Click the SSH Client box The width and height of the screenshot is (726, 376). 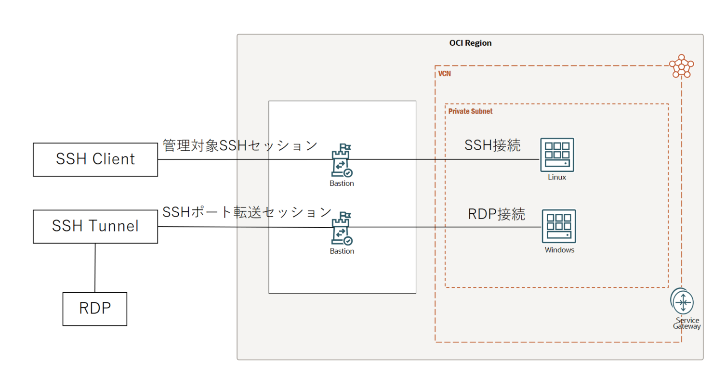tap(95, 159)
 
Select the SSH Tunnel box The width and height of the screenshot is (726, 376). tap(95, 226)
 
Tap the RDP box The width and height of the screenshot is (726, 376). tap(95, 309)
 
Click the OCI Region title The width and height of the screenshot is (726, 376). tap(470, 43)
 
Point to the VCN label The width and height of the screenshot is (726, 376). tap(444, 74)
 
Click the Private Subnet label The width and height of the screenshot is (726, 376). tap(470, 111)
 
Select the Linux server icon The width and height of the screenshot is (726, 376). tap(557, 155)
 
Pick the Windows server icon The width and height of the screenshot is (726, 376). tap(559, 226)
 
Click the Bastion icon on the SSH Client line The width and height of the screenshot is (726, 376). tap(342, 161)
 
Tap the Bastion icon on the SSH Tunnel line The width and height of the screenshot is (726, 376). tap(342, 229)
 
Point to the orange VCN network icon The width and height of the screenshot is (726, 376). tap(682, 66)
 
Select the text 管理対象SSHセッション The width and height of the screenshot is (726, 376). tap(240, 145)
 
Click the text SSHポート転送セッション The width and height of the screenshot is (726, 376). tap(247, 212)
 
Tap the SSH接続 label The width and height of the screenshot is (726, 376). tap(492, 145)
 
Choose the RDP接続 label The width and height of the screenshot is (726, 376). tap(496, 214)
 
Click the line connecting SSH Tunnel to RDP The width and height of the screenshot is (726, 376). tap(95, 268)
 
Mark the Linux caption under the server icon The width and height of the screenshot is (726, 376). tap(557, 177)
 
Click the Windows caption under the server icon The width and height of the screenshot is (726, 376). tap(559, 250)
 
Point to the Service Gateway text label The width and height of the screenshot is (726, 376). tap(687, 324)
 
